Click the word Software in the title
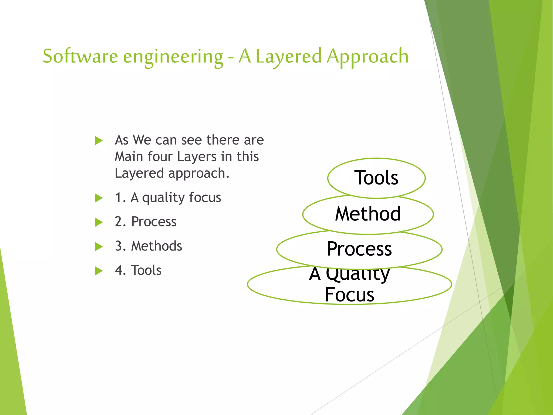(80, 56)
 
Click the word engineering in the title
(173, 57)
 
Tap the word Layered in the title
(288, 57)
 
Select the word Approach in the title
(367, 57)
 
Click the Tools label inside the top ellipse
(376, 178)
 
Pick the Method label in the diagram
(368, 214)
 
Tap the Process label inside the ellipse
(359, 249)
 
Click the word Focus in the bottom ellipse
(349, 294)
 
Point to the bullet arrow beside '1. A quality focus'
(99, 198)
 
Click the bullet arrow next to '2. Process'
(99, 222)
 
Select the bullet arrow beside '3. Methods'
(99, 247)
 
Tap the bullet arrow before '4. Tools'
(99, 271)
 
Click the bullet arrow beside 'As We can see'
(99, 140)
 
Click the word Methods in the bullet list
(157, 246)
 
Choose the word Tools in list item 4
(146, 270)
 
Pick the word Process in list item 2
(154, 222)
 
